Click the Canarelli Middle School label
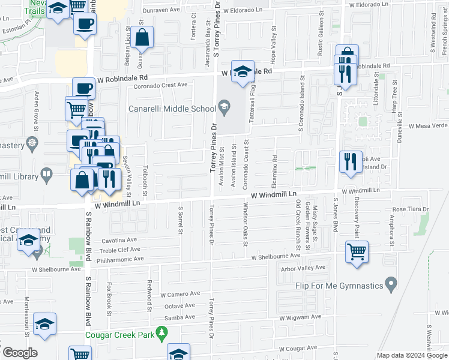coord(172,109)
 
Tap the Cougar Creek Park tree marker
coord(161,332)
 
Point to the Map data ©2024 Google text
coord(412,355)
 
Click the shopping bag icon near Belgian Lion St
coord(143,38)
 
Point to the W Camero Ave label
coord(179,294)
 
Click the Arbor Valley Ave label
coord(303,268)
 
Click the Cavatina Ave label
coord(119,239)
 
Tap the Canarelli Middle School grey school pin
coord(224,109)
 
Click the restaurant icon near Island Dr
coord(351,161)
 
